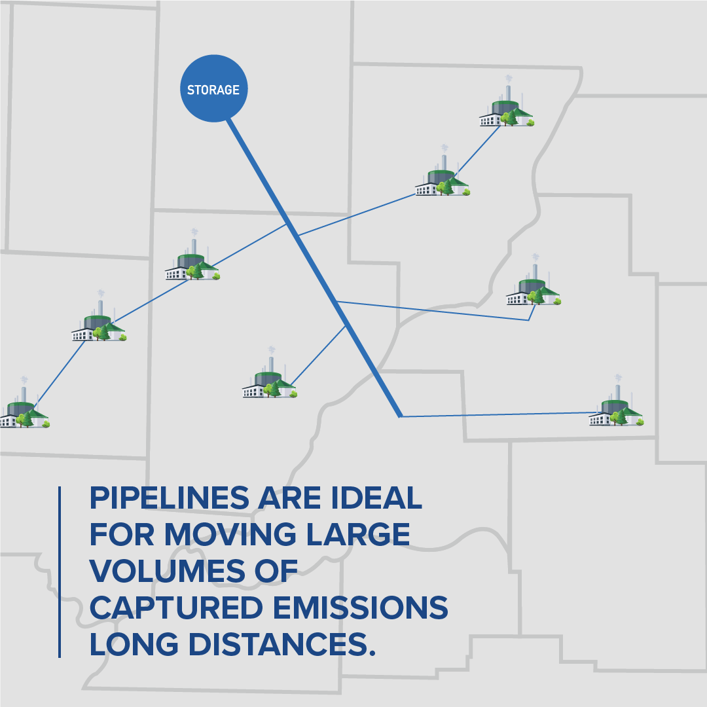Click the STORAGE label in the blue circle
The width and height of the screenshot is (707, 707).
tap(213, 90)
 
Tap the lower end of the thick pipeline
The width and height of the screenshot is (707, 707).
tap(400, 415)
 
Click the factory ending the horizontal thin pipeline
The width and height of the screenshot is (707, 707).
tap(615, 408)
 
